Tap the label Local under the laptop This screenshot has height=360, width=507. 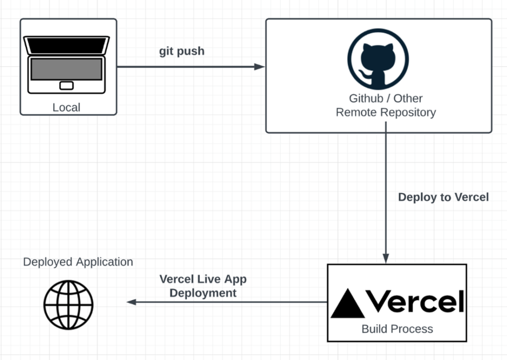click(x=66, y=108)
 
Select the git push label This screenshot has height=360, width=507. click(x=182, y=51)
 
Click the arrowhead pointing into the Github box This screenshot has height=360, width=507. click(x=259, y=67)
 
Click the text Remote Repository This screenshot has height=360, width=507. click(x=386, y=112)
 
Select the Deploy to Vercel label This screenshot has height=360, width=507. click(x=444, y=197)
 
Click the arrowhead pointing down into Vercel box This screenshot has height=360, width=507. click(x=386, y=259)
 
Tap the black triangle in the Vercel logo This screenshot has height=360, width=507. click(x=348, y=304)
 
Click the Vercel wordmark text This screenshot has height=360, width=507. click(x=414, y=302)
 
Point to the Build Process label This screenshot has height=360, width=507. click(x=397, y=329)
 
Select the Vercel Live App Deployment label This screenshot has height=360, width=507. click(x=203, y=286)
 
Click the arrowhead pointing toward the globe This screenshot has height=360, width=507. click(x=132, y=302)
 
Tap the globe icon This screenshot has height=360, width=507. click(x=69, y=305)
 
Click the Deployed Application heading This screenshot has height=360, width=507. click(x=78, y=262)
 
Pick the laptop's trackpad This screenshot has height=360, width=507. click(x=67, y=85)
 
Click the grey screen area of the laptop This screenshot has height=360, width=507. click(x=67, y=69)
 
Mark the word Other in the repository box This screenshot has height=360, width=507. click(x=408, y=98)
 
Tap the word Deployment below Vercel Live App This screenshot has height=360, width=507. click(x=203, y=293)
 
